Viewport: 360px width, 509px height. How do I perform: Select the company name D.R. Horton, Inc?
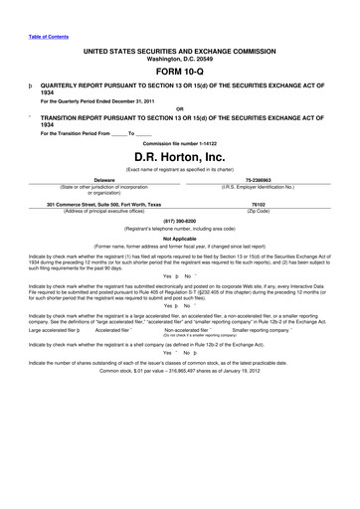[x=179, y=156]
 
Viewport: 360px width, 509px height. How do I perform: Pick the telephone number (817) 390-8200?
[x=179, y=222]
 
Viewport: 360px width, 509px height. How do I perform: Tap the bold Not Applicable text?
[x=179, y=239]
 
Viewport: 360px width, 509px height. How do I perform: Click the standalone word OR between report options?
[x=179, y=108]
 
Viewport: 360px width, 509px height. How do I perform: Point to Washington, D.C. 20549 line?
[x=179, y=56]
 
